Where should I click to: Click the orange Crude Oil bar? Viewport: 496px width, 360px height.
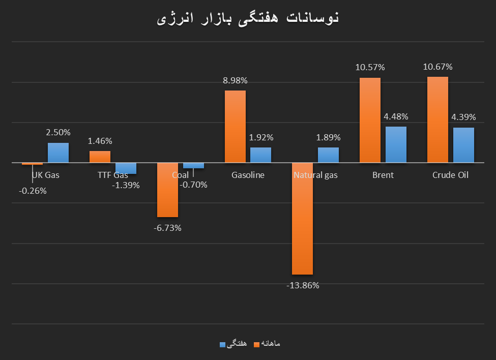(437, 119)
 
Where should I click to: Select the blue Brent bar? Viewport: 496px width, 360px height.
(396, 144)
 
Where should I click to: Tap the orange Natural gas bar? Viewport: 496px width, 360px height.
(302, 219)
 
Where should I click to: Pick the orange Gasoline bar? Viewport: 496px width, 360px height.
(235, 127)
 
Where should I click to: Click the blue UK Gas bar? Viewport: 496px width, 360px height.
(58, 153)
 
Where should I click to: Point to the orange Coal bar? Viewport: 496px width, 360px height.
(167, 190)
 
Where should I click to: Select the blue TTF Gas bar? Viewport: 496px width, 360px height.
(126, 168)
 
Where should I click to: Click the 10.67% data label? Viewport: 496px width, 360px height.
(437, 67)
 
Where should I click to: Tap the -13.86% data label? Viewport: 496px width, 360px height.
(303, 286)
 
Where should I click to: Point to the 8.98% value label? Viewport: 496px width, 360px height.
(235, 80)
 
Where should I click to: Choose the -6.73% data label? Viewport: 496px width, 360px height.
(167, 228)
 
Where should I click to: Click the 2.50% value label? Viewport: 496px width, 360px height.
(58, 132)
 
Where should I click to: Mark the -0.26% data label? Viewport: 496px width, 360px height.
(33, 191)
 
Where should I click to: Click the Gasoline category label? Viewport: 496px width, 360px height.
(248, 175)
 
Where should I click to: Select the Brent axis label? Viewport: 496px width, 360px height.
(383, 175)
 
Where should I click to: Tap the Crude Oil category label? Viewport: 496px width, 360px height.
(450, 175)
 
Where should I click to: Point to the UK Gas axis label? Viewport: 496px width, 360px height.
(45, 175)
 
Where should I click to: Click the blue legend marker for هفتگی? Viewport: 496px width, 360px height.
(222, 344)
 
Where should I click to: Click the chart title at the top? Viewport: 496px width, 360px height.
(248, 18)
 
